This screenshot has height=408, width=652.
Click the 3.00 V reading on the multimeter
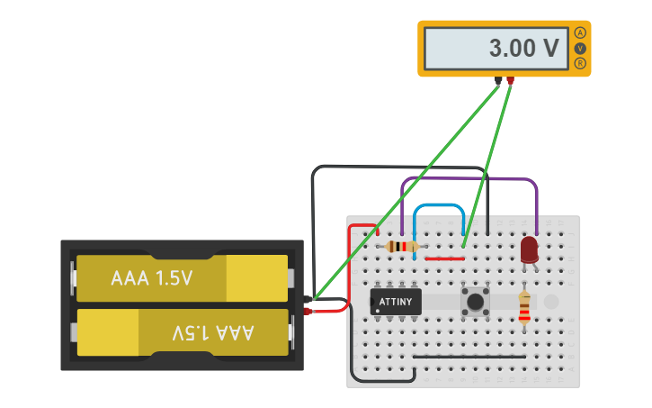coord(523,49)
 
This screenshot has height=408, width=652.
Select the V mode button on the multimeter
coord(580,48)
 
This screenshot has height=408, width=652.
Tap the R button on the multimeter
coord(580,63)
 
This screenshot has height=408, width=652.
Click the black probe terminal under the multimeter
coord(498,81)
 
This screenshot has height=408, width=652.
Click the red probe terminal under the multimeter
coord(510,81)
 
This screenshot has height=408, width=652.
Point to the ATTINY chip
coord(396,301)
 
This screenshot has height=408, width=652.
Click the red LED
coord(529,249)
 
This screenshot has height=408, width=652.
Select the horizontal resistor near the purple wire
coord(401,247)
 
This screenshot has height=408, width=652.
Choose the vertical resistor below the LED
coord(524,306)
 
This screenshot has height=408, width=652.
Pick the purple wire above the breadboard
coord(468,179)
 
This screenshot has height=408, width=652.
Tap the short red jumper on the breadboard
coord(444,258)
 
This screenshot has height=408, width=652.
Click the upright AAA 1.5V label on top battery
coord(152,278)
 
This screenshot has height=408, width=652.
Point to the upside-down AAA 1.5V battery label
coord(213,332)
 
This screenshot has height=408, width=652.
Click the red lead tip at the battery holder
coord(308,312)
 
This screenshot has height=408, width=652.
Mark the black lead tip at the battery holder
coord(308,299)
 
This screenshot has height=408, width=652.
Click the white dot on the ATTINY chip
coord(378,310)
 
